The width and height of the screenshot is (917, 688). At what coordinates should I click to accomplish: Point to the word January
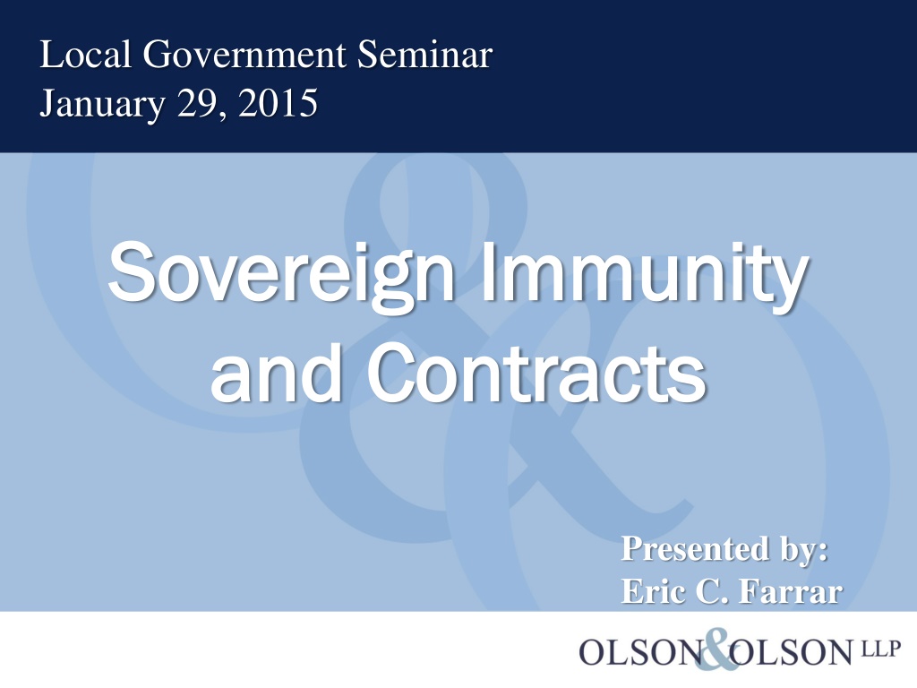coord(102,104)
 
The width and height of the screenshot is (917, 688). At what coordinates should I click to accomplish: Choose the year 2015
coord(278,103)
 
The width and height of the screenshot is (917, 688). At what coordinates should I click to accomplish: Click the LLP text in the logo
coord(880,649)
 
